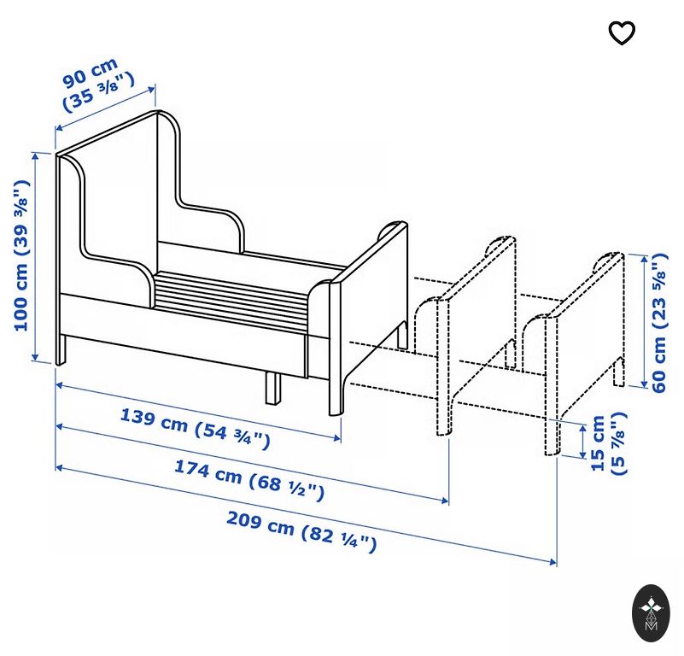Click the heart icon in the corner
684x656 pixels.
tap(622, 33)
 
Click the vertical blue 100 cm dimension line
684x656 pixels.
tap(36, 256)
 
